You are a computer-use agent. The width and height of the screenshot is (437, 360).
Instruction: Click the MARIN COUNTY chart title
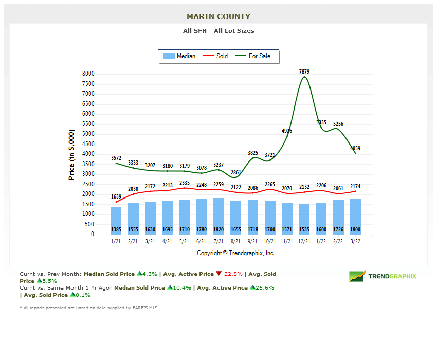coord(219,16)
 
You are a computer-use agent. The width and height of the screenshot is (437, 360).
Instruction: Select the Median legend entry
coord(178,56)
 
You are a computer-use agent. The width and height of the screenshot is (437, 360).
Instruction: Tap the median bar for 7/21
coord(219,217)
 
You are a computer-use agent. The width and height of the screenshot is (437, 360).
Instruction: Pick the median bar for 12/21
coord(304,219)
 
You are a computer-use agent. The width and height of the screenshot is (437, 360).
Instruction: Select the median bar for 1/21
coord(116,221)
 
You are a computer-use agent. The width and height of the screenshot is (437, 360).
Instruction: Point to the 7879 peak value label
coord(304,71)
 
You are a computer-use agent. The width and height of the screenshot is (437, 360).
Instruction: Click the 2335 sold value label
coord(185,182)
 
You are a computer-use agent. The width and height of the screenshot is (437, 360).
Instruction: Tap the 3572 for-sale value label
coord(116,158)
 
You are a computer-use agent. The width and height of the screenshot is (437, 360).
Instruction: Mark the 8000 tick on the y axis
coord(88,74)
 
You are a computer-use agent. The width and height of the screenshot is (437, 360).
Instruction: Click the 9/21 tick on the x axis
coord(253,241)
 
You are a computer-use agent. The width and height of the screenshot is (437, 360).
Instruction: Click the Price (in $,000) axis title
coord(71,154)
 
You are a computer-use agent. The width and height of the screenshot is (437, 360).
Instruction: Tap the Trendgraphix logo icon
coord(357,276)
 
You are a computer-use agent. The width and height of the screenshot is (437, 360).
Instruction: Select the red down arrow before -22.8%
coord(219,274)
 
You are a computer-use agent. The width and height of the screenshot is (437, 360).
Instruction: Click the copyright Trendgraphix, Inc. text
coord(236,253)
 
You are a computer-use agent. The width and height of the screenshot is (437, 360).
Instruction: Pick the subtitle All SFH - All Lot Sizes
coord(219,31)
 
